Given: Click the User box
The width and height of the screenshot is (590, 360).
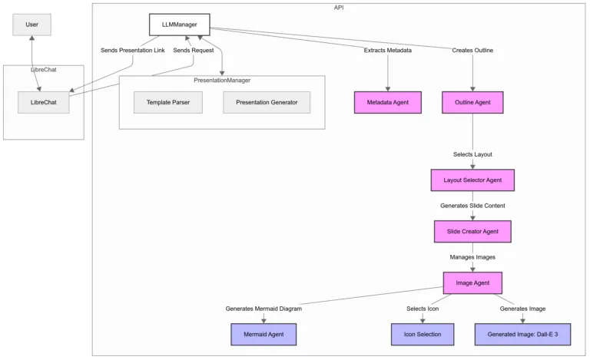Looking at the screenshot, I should point(32,25).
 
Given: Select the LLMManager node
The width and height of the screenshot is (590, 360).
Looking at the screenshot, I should point(179,25).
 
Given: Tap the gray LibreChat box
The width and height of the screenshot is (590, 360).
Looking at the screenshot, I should point(43,102).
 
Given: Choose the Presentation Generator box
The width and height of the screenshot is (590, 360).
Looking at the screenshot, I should point(267,102).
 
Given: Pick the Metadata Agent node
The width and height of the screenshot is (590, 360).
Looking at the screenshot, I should point(388,102).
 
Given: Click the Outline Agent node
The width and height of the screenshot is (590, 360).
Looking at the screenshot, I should point(472,102).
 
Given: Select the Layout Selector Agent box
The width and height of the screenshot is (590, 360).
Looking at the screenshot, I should point(472,180).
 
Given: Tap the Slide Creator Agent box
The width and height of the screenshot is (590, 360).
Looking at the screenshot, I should point(472,231).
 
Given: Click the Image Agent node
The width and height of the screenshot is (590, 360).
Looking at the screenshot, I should point(472,282).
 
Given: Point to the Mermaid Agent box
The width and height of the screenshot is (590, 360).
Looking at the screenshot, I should point(264,335).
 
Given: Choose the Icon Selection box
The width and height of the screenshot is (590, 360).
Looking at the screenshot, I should point(423,335).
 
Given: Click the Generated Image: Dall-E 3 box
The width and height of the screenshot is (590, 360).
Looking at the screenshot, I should point(522,335).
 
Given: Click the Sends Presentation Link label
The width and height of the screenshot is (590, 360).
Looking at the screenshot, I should point(133,51).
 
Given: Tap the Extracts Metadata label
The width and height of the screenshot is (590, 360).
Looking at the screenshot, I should point(388,51).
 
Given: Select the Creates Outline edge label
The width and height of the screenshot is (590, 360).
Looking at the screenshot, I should point(472,51).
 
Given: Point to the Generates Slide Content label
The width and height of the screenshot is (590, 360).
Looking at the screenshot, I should point(472,206).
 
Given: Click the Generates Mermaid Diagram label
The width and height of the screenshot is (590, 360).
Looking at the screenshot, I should point(264,309).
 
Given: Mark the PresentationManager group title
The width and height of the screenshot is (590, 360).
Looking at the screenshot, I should point(222,80).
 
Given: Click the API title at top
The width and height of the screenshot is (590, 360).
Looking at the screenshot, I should point(339,7).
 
